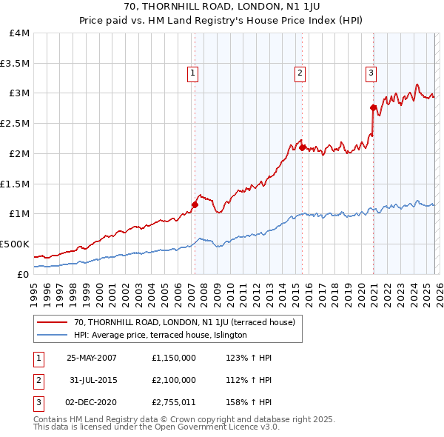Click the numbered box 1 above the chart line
click(192, 73)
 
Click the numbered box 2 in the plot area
click(300, 73)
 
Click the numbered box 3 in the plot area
click(370, 73)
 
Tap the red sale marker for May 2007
click(195, 204)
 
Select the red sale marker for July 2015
click(303, 147)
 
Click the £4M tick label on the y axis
click(20, 33)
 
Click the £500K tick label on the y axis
click(15, 244)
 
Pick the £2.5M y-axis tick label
click(15, 124)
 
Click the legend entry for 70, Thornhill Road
click(184, 322)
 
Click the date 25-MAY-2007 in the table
click(92, 357)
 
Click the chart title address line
click(221, 8)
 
